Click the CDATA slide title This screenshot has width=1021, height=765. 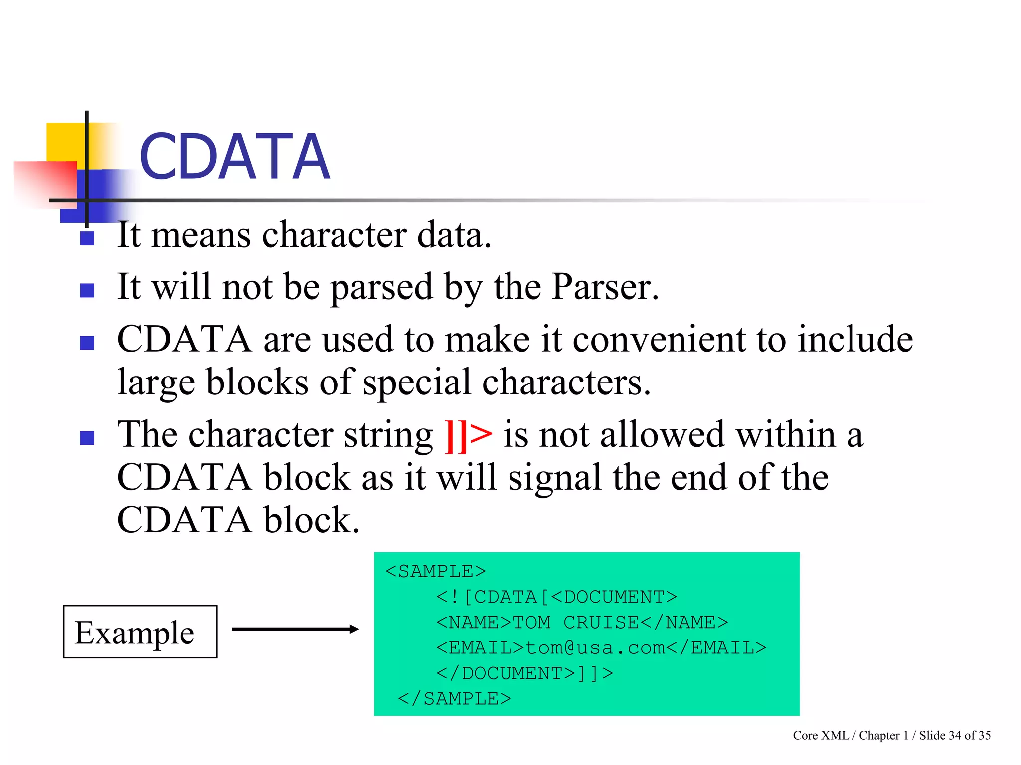234,157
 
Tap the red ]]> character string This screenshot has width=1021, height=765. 468,435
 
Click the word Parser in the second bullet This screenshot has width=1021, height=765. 605,287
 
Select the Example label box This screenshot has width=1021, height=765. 140,632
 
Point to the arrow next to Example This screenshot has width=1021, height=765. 295,629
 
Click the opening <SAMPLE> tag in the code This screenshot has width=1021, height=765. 435,571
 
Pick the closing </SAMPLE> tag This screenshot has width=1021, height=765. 454,699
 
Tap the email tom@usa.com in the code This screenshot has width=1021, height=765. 595,648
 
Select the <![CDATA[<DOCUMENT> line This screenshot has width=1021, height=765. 556,597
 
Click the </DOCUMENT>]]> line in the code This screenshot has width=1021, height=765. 524,673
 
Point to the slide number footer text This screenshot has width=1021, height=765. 891,736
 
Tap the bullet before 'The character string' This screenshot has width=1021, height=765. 87,438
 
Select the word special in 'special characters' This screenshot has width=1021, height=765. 416,382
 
